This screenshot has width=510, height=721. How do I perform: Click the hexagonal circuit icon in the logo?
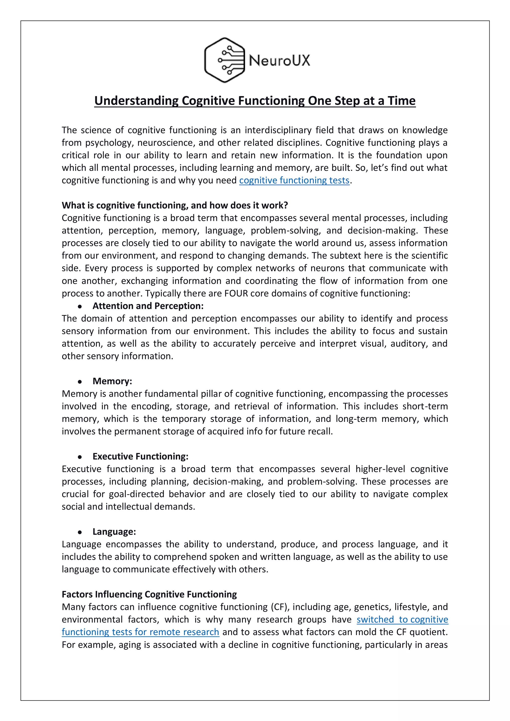pos(224,60)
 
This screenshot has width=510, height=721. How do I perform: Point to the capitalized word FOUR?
pos(236,293)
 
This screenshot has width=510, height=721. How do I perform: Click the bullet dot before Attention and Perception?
pos(80,306)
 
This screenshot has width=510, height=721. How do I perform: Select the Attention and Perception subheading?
pos(148,306)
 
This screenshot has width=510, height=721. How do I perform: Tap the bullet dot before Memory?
pos(80,382)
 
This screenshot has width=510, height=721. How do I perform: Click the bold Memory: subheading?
pos(112,381)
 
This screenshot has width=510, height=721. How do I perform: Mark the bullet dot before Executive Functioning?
pos(80,457)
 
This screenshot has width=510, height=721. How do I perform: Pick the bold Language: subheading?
pos(114,532)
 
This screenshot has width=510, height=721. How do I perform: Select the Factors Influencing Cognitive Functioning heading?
pos(149,595)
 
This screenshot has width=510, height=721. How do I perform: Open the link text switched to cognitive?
pos(402,619)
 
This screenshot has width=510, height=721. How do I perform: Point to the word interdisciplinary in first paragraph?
pos(278,130)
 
